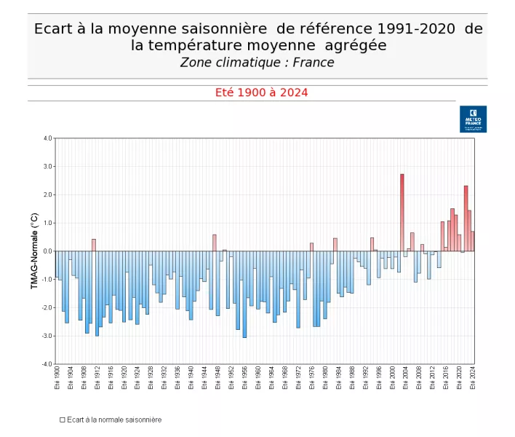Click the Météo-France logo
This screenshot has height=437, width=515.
[473, 119]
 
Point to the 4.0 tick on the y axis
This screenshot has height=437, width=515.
[47, 138]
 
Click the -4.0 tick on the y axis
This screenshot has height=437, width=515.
[47, 364]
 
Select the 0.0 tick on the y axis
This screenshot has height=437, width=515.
[48, 251]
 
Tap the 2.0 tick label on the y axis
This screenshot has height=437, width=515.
[48, 194]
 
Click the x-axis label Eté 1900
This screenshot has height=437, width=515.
[57, 379]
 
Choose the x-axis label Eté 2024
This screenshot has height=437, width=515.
[473, 379]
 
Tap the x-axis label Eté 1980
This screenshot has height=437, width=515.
[325, 379]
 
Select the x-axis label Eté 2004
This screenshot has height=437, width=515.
[406, 379]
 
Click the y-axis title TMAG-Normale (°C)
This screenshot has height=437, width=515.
[34, 251]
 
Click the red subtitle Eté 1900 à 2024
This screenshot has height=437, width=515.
[261, 92]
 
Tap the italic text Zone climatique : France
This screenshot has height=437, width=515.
[257, 63]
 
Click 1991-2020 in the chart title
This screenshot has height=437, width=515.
[418, 29]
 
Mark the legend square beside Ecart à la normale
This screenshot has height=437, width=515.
[63, 420]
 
